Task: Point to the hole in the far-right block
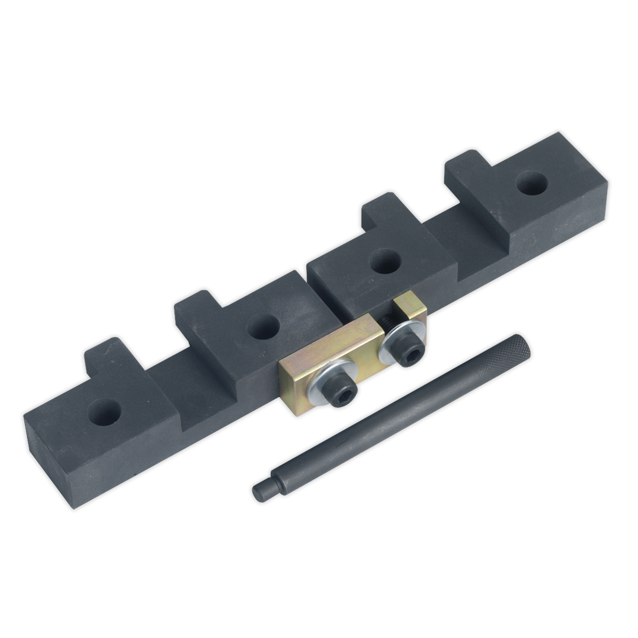[527, 187]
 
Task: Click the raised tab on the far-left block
[104, 352]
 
